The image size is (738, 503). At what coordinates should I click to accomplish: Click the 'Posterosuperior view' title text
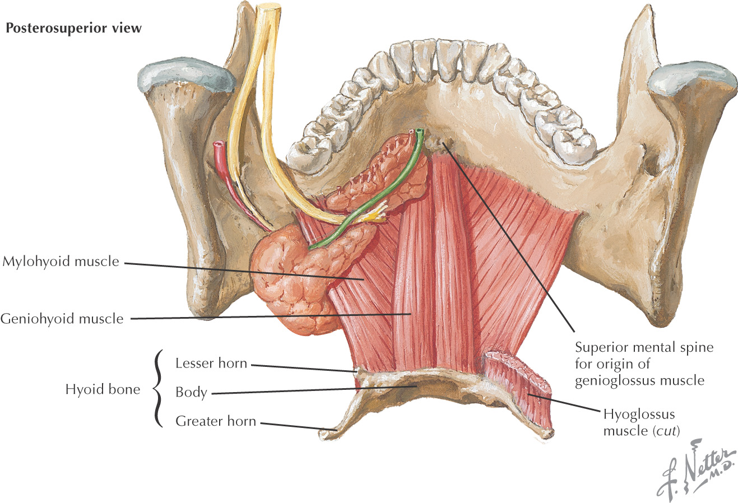pyautogui.click(x=73, y=28)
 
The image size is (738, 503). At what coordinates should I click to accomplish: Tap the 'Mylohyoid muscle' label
pyautogui.click(x=61, y=262)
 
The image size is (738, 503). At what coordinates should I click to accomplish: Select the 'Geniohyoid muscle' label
pyautogui.click(x=62, y=319)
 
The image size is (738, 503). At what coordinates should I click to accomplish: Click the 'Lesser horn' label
pyautogui.click(x=211, y=363)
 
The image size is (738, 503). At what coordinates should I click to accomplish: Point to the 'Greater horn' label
pyautogui.click(x=216, y=421)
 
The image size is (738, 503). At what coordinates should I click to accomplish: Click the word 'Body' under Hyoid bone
pyautogui.click(x=191, y=392)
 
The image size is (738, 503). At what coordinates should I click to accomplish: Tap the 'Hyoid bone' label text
pyautogui.click(x=103, y=389)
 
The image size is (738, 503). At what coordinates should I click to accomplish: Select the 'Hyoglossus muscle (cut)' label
pyautogui.click(x=641, y=422)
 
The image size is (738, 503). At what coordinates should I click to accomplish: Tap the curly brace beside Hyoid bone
pyautogui.click(x=158, y=389)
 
